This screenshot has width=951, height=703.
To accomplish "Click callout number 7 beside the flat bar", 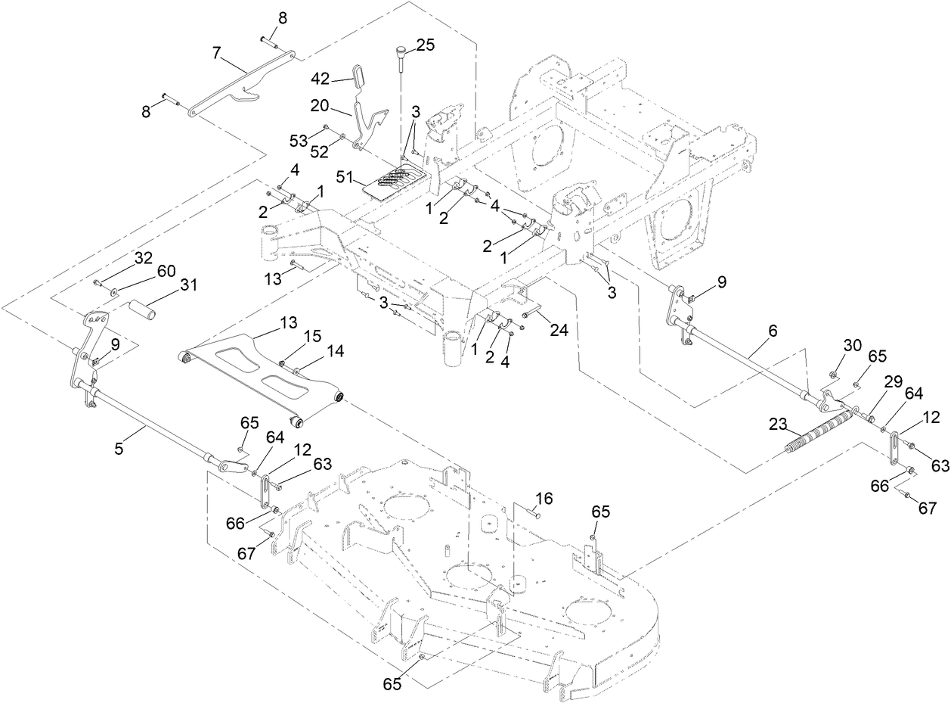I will [x=217, y=54].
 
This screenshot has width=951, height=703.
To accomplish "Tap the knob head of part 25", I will [x=399, y=51].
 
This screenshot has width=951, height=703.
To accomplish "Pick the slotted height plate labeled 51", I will [x=393, y=181].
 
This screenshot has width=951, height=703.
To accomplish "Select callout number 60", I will [x=166, y=271].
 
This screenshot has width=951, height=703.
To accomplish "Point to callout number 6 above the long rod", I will [x=773, y=331].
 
